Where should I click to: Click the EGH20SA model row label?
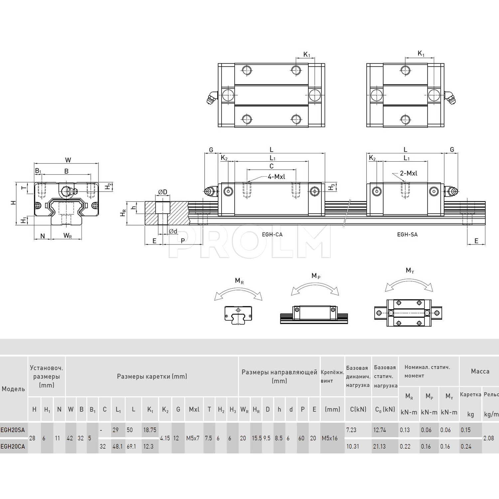[x=13, y=430]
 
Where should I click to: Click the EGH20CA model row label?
[x=13, y=446]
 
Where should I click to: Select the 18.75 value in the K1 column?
[x=150, y=430]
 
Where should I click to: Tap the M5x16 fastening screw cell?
[x=330, y=438]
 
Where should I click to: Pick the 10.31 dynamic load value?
[x=353, y=446]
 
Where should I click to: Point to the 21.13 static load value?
[x=379, y=446]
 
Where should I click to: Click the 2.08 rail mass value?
[x=489, y=438]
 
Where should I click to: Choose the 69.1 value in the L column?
[x=131, y=446]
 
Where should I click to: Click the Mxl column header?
[x=194, y=410]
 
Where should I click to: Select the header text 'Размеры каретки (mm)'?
[x=152, y=376]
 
